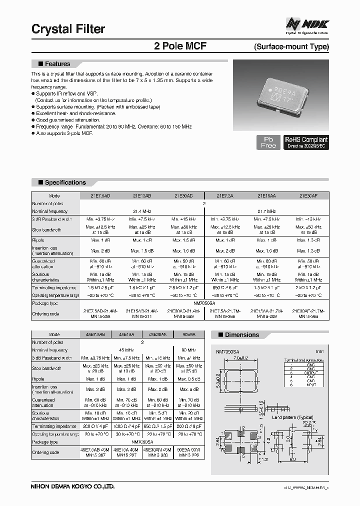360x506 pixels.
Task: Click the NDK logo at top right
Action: [307, 24]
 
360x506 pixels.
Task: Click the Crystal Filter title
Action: [68, 29]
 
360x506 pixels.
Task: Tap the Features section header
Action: [57, 64]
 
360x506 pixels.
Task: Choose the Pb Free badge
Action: [268, 142]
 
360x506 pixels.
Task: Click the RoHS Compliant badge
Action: [306, 142]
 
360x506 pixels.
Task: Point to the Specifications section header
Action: [65, 182]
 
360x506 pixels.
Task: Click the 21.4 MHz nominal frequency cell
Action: [142, 211]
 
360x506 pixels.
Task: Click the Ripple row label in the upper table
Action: [38, 240]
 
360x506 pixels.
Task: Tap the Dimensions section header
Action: [241, 335]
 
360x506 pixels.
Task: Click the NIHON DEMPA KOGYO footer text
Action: [73, 485]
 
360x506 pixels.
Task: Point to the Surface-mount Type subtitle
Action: [291, 47]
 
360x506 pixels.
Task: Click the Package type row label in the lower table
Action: [45, 442]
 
